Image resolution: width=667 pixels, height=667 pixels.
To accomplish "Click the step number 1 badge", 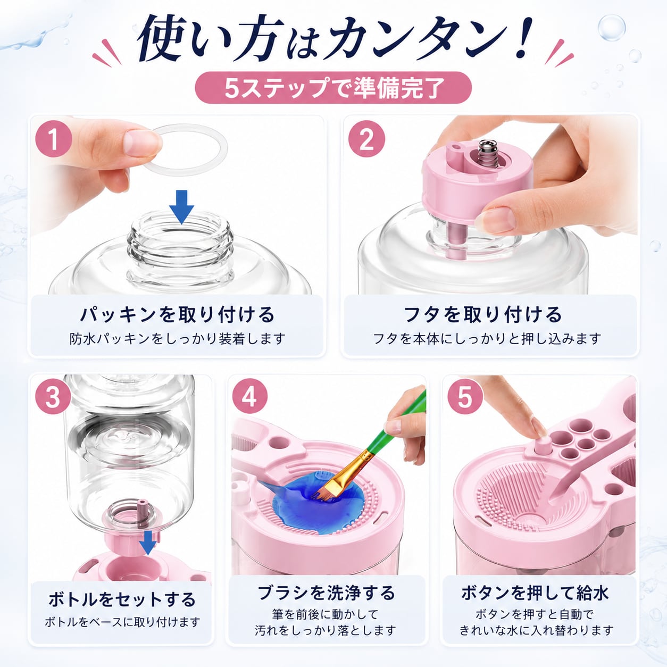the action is pos(54,140).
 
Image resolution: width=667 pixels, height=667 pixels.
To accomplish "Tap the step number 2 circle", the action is pos(366,140).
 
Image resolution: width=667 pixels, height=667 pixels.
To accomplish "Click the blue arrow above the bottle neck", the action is pos(181,207).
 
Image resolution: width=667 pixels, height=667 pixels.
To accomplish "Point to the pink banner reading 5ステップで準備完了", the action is pos(333,88).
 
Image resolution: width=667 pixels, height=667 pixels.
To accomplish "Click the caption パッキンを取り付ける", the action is pos(177,314).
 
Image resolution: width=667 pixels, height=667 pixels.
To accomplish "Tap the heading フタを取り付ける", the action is pos(483,314).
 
